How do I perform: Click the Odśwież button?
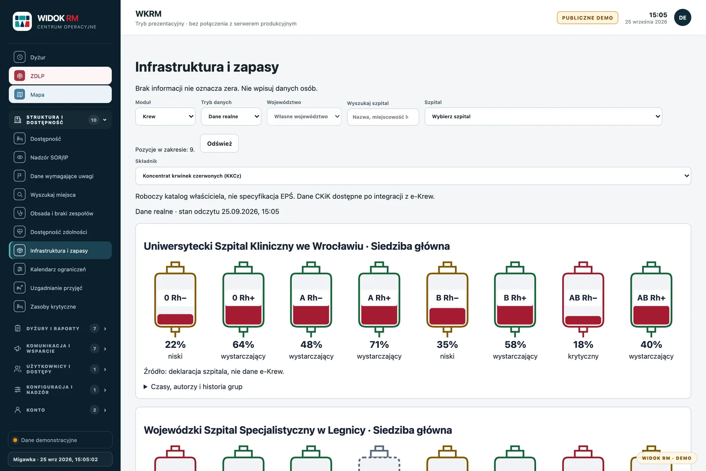coord(219,143)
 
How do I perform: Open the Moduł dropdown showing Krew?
coord(165,117)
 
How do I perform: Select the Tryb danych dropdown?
coord(231,117)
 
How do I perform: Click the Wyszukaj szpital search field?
coord(383,117)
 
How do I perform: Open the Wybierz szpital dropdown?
coord(543,117)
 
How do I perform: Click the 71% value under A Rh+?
coord(379,345)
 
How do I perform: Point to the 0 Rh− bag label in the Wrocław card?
coord(175,298)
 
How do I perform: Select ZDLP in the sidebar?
coord(60,75)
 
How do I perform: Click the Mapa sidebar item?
coord(60,94)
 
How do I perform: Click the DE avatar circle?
coord(683,18)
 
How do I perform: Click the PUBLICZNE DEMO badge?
coord(587,18)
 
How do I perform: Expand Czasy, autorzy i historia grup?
coord(193,387)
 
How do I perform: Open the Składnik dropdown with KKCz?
coord(413,176)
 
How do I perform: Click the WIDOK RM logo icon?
coord(23,22)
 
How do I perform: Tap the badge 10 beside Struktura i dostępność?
coord(94,120)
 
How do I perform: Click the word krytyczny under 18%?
coord(583,356)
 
